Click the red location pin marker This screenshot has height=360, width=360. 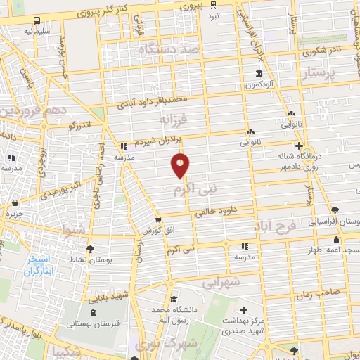tap(181, 166)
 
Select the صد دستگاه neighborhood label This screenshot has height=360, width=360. tap(170, 50)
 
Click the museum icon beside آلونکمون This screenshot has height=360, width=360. tap(259, 74)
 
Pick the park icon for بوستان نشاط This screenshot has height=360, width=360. tap(89, 248)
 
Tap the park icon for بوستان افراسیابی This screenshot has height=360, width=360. tap(334, 210)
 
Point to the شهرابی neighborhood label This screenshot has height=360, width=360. tap(221, 283)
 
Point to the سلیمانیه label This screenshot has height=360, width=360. tap(37, 32)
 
